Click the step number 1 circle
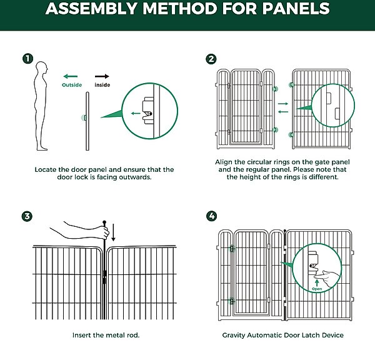(27, 59)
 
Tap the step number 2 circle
(211, 59)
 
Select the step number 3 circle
(27, 216)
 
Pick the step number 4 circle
(211, 216)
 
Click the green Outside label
(72, 84)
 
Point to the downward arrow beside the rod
(113, 233)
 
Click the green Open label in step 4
(317, 289)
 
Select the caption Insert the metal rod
(106, 335)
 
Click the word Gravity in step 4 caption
(236, 335)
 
